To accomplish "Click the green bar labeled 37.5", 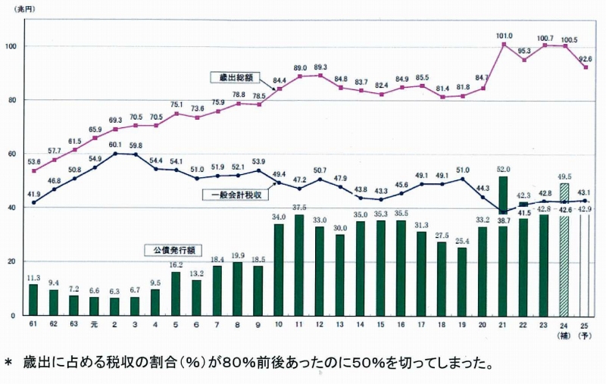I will [x=300, y=264].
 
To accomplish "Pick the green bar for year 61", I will [x=33, y=299].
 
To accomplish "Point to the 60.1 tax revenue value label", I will [x=114, y=145].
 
